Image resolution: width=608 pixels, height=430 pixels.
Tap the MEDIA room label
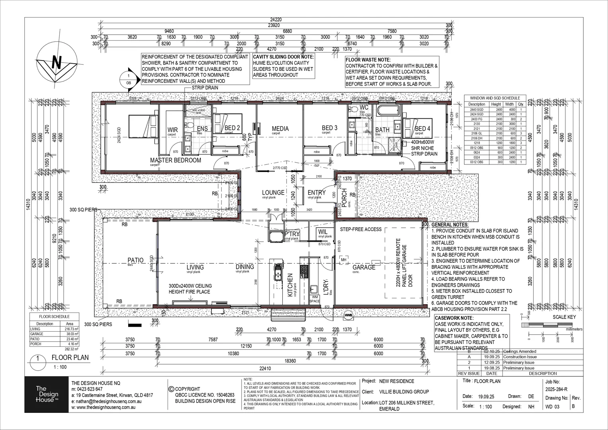280,129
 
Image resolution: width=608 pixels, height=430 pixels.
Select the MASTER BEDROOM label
175,160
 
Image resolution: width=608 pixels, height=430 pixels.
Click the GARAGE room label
364,268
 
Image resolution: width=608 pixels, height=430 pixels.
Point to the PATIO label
135,261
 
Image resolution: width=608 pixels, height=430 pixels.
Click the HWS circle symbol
349,314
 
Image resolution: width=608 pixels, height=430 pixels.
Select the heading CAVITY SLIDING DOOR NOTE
283,57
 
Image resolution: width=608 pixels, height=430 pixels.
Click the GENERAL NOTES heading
450,225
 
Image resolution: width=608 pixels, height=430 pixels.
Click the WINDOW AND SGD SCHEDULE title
495,98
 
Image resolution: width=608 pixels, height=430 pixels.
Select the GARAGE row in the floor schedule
55,334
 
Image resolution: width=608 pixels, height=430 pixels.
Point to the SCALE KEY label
564,317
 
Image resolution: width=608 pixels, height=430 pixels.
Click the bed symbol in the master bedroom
142,127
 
